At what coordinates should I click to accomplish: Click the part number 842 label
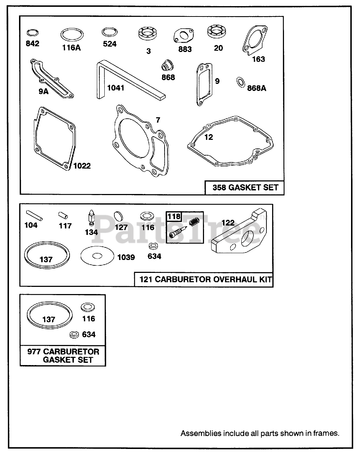click(x=32, y=44)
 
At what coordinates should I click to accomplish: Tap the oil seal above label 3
click(x=148, y=36)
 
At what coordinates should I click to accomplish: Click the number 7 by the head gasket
click(x=158, y=120)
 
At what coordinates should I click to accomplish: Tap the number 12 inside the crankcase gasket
click(x=208, y=137)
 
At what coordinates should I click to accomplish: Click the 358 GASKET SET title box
click(x=245, y=188)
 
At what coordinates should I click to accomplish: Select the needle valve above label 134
click(x=90, y=218)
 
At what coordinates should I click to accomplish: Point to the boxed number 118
click(x=174, y=216)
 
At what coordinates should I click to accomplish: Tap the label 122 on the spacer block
click(x=228, y=223)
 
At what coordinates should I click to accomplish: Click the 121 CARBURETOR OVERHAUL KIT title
click(x=203, y=279)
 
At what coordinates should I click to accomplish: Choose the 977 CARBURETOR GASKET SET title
click(x=63, y=355)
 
